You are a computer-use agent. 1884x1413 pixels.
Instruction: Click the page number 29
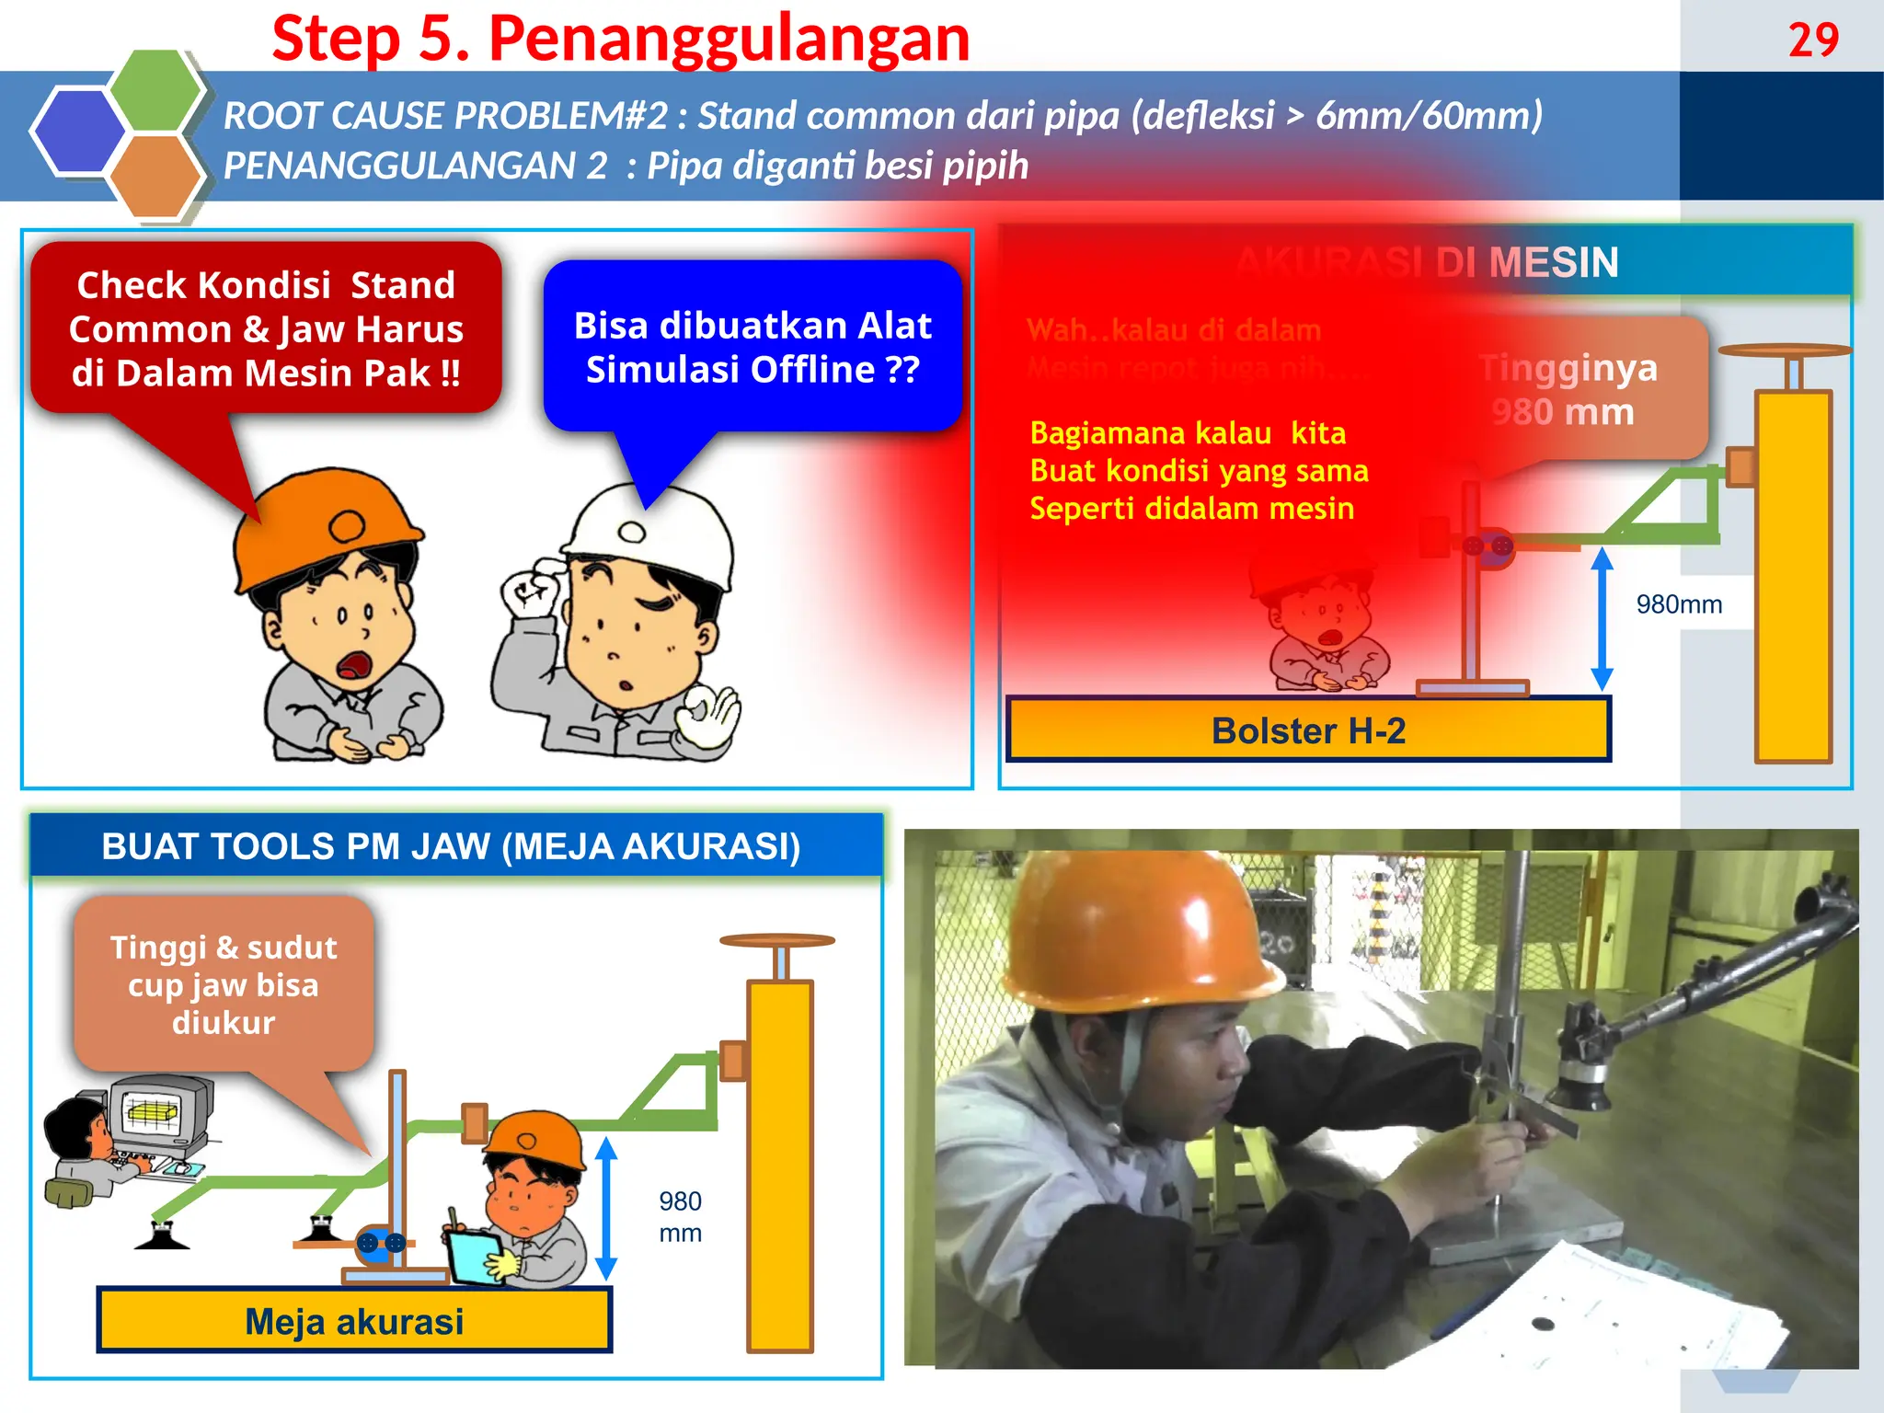click(1812, 40)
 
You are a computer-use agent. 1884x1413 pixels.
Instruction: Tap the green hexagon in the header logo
click(155, 90)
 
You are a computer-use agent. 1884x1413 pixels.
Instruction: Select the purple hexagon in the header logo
click(77, 131)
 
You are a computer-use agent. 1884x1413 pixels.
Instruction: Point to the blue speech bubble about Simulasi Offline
click(752, 347)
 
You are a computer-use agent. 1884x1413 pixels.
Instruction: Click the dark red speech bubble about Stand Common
click(266, 328)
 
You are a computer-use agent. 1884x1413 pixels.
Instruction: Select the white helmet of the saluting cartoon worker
click(649, 534)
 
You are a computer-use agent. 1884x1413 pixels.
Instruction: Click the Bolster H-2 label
click(1307, 730)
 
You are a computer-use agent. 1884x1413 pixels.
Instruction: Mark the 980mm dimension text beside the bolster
click(1679, 604)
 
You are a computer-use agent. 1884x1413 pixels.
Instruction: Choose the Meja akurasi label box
click(354, 1321)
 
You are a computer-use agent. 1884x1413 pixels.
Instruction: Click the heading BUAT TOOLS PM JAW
click(451, 846)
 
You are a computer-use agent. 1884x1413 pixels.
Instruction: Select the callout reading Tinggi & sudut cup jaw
click(224, 984)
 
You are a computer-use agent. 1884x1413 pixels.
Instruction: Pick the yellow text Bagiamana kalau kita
click(1187, 433)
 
